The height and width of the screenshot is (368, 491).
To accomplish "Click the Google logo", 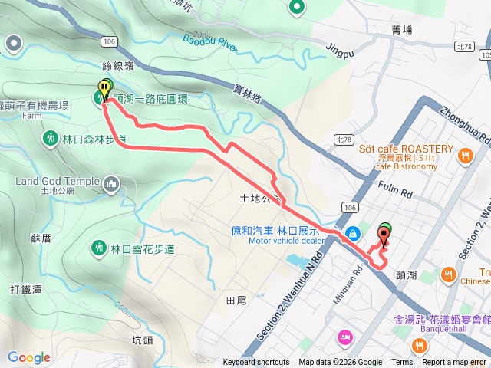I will pos(29,357).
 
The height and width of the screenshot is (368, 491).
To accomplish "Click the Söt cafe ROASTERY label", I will pos(407,149).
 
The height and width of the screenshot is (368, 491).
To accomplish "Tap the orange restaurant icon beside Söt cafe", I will pos(465,156).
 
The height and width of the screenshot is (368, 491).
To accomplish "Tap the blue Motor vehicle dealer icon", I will pos(352,232).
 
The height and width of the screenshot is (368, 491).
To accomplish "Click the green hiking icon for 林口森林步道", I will pos(50,139).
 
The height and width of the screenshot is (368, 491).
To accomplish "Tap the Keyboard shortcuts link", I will pos(257,363).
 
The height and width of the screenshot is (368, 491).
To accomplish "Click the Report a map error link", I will pos(454,363).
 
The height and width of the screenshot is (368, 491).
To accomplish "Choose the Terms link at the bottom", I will pos(402,363).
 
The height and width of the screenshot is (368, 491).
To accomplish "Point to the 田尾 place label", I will pos(236,300).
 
